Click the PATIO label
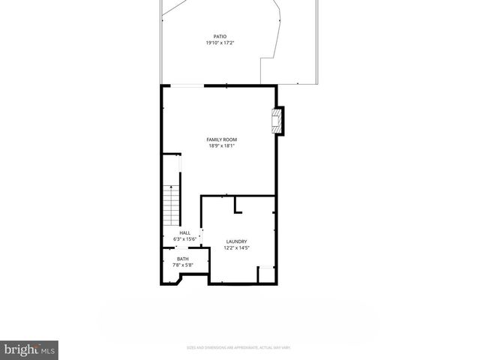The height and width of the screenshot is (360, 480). [220, 35]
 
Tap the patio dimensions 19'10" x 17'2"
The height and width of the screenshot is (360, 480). [220, 43]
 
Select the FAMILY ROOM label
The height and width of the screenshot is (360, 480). [222, 139]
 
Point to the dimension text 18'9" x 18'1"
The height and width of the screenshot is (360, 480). [222, 146]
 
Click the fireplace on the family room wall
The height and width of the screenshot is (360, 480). [278, 121]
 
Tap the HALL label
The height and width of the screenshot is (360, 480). [184, 232]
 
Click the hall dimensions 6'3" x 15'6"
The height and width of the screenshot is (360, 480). [184, 239]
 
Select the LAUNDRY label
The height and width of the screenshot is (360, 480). [236, 241]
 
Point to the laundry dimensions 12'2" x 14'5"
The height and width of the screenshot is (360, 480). [237, 248]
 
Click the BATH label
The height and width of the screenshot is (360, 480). [183, 259]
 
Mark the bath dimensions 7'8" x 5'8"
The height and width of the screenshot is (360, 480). [183, 265]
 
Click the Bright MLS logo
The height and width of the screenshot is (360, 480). [30, 349]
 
